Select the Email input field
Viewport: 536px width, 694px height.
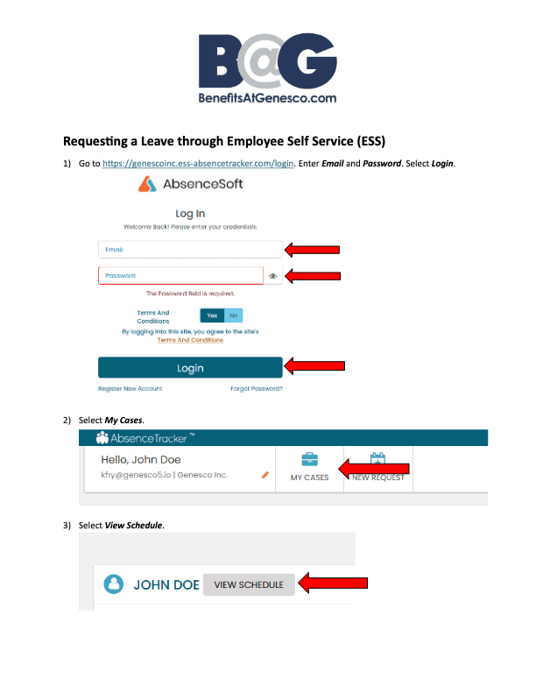(189, 250)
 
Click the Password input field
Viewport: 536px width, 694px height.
(180, 276)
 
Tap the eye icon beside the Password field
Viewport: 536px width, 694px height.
(273, 276)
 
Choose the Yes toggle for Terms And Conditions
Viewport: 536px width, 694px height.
(212, 315)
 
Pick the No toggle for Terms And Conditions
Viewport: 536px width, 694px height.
(233, 315)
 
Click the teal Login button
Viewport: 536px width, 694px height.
(190, 368)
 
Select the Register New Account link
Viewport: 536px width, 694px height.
(130, 388)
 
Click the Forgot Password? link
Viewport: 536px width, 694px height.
(256, 388)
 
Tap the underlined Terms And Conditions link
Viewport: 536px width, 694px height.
(190, 340)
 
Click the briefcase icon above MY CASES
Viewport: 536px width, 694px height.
(309, 459)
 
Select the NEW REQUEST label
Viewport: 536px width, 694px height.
(377, 478)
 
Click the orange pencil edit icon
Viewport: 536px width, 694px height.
(264, 475)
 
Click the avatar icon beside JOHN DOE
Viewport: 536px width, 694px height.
(113, 584)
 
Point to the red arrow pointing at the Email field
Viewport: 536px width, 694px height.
(313, 250)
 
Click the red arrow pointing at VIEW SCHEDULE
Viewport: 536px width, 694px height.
(332, 583)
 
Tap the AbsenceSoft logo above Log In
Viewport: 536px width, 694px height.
(190, 184)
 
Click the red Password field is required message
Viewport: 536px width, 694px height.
(190, 294)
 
